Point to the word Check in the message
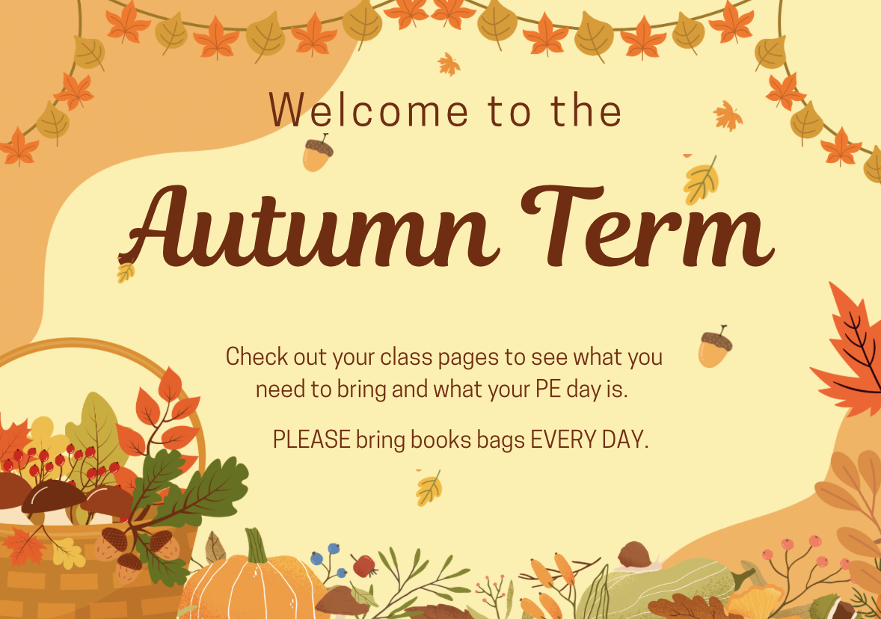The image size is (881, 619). (257, 357)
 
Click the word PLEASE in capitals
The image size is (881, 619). (311, 440)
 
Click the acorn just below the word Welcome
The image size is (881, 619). (317, 153)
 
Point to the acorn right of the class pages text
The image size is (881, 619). (715, 347)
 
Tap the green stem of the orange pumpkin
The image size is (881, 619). (257, 545)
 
